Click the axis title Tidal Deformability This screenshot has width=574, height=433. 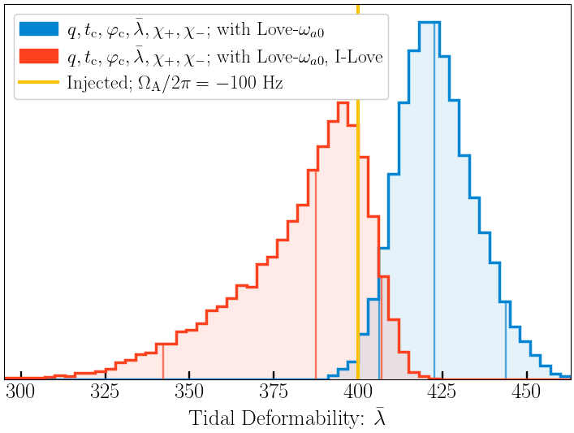287,418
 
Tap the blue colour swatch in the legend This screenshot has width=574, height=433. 39,29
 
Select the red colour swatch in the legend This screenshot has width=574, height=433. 39,56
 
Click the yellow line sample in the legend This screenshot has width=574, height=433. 39,82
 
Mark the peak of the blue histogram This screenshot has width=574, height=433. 429,23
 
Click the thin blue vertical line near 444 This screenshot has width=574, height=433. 506,341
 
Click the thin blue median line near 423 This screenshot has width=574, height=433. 434,203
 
